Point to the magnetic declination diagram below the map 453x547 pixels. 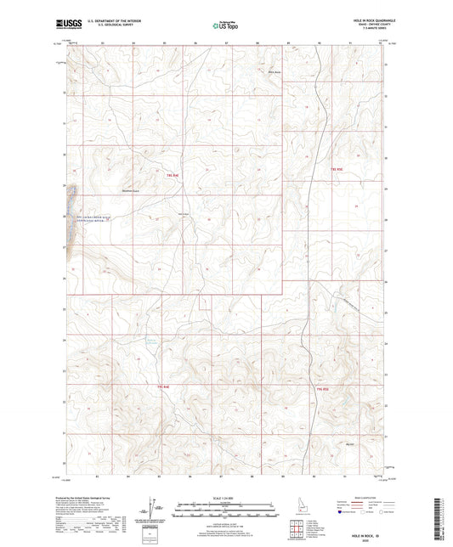[151, 508]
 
